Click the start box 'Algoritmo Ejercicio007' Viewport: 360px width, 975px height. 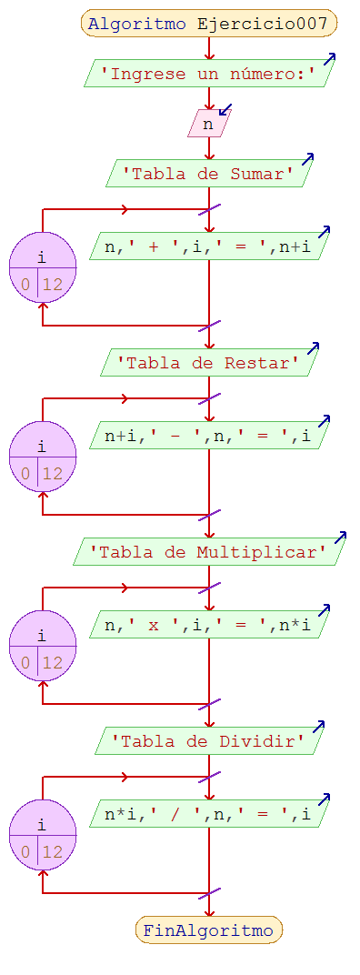click(x=208, y=24)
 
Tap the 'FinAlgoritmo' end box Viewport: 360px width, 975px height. click(x=208, y=930)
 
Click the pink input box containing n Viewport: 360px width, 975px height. click(x=208, y=124)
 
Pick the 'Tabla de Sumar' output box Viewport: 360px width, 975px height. click(x=208, y=174)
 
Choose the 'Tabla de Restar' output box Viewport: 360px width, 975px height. click(x=208, y=363)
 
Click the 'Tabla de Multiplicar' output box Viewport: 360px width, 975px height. click(x=208, y=552)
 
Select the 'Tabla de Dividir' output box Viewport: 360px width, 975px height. click(x=208, y=741)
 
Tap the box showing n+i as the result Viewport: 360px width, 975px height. click(x=208, y=246)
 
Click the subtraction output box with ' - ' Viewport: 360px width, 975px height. click(x=208, y=435)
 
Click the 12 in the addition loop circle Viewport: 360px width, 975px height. click(x=53, y=284)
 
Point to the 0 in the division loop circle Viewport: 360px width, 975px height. click(x=25, y=852)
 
